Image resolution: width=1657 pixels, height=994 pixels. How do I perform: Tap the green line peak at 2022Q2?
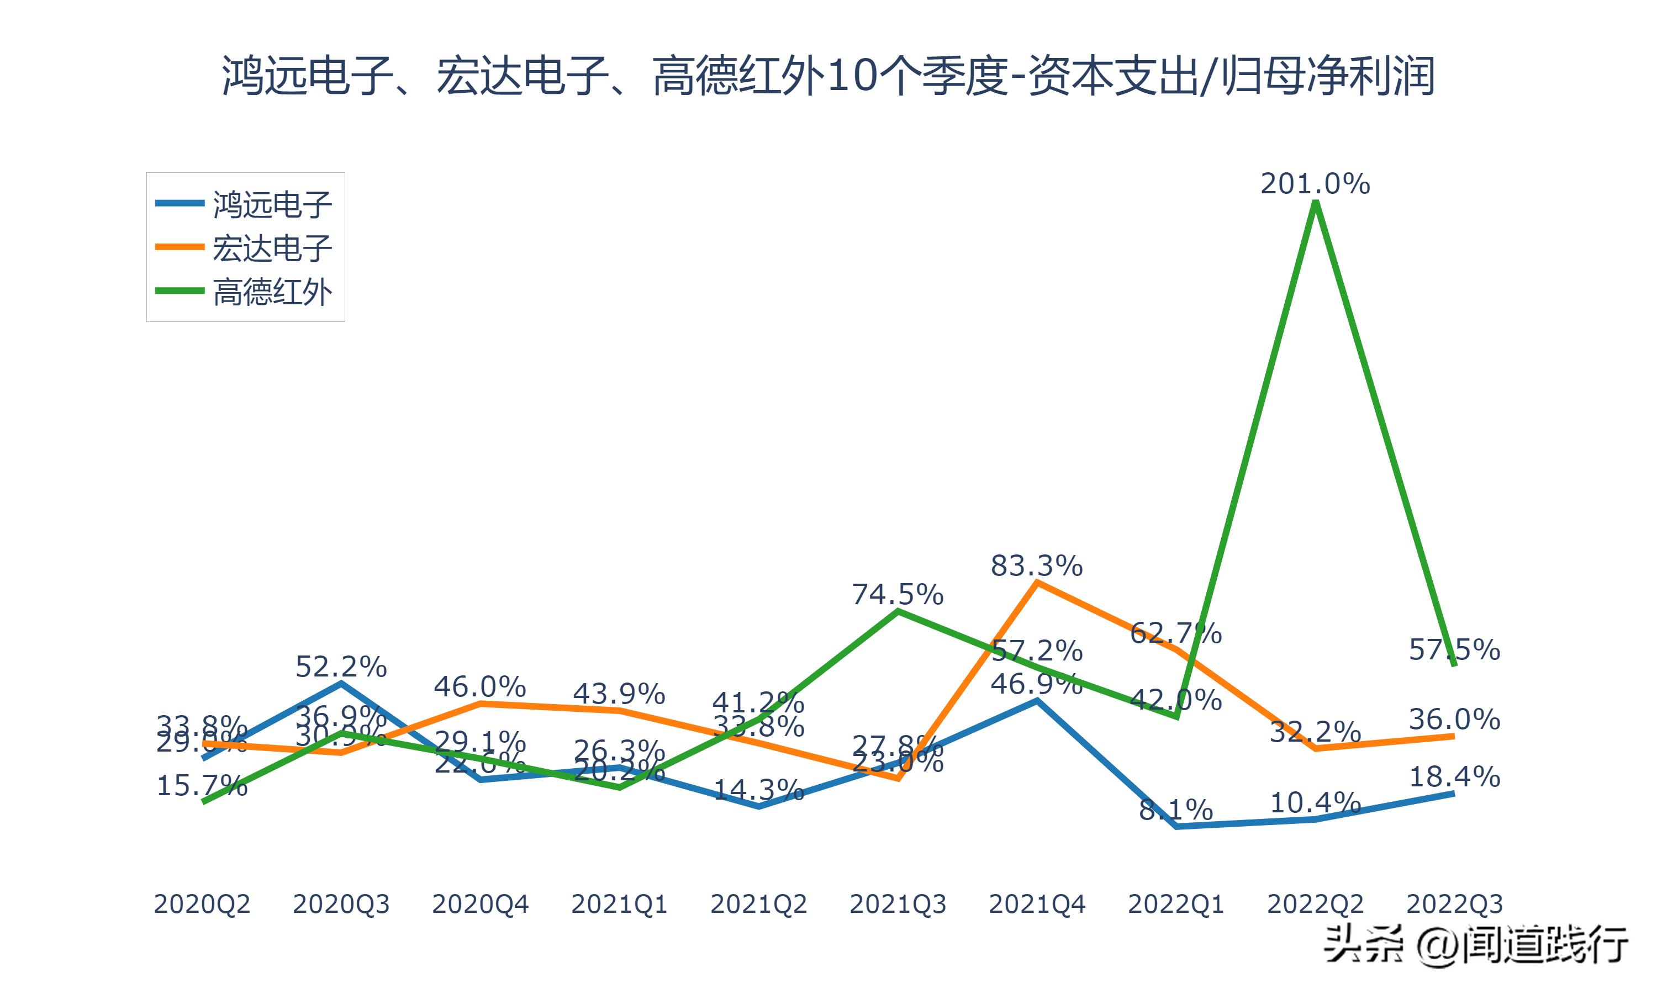click(1316, 203)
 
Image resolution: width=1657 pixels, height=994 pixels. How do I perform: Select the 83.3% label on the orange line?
click(1037, 567)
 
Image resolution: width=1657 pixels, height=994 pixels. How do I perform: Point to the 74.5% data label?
click(898, 595)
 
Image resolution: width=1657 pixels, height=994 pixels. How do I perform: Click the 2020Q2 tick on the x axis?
click(202, 904)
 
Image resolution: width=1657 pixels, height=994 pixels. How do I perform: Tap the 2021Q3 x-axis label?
click(898, 904)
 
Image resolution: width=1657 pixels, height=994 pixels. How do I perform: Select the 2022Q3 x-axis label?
click(1454, 904)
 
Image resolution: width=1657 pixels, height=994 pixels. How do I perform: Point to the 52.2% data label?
click(341, 667)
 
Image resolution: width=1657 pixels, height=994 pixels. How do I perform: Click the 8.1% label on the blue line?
click(1176, 811)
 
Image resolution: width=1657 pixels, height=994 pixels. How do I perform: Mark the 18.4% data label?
click(1454, 777)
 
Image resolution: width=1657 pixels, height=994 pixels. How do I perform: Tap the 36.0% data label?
click(1454, 720)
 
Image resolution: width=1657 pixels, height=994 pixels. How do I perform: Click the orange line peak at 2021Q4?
click(1037, 583)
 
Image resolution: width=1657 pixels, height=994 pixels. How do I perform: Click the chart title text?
click(828, 76)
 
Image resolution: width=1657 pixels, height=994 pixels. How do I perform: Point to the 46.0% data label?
click(479, 687)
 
